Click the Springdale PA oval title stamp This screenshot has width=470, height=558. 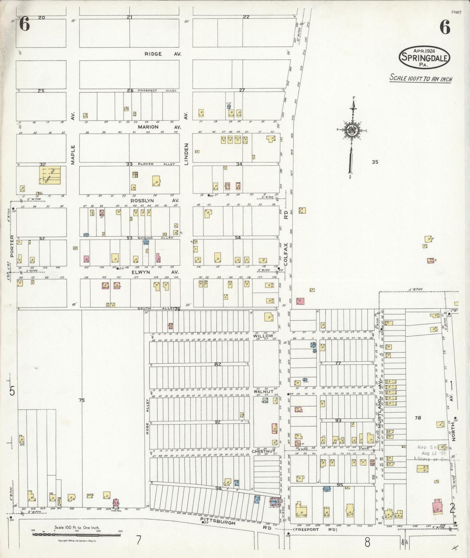click(424, 57)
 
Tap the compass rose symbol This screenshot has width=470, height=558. click(352, 130)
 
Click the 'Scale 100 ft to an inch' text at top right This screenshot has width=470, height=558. click(421, 78)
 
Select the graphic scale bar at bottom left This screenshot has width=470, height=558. click(77, 534)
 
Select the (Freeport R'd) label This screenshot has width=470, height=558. click(312, 529)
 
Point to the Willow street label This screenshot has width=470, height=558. click(263, 336)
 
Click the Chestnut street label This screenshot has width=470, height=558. click(263, 451)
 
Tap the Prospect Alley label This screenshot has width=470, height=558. click(156, 91)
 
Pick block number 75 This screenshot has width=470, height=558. click(81, 400)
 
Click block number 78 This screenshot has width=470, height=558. click(418, 418)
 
